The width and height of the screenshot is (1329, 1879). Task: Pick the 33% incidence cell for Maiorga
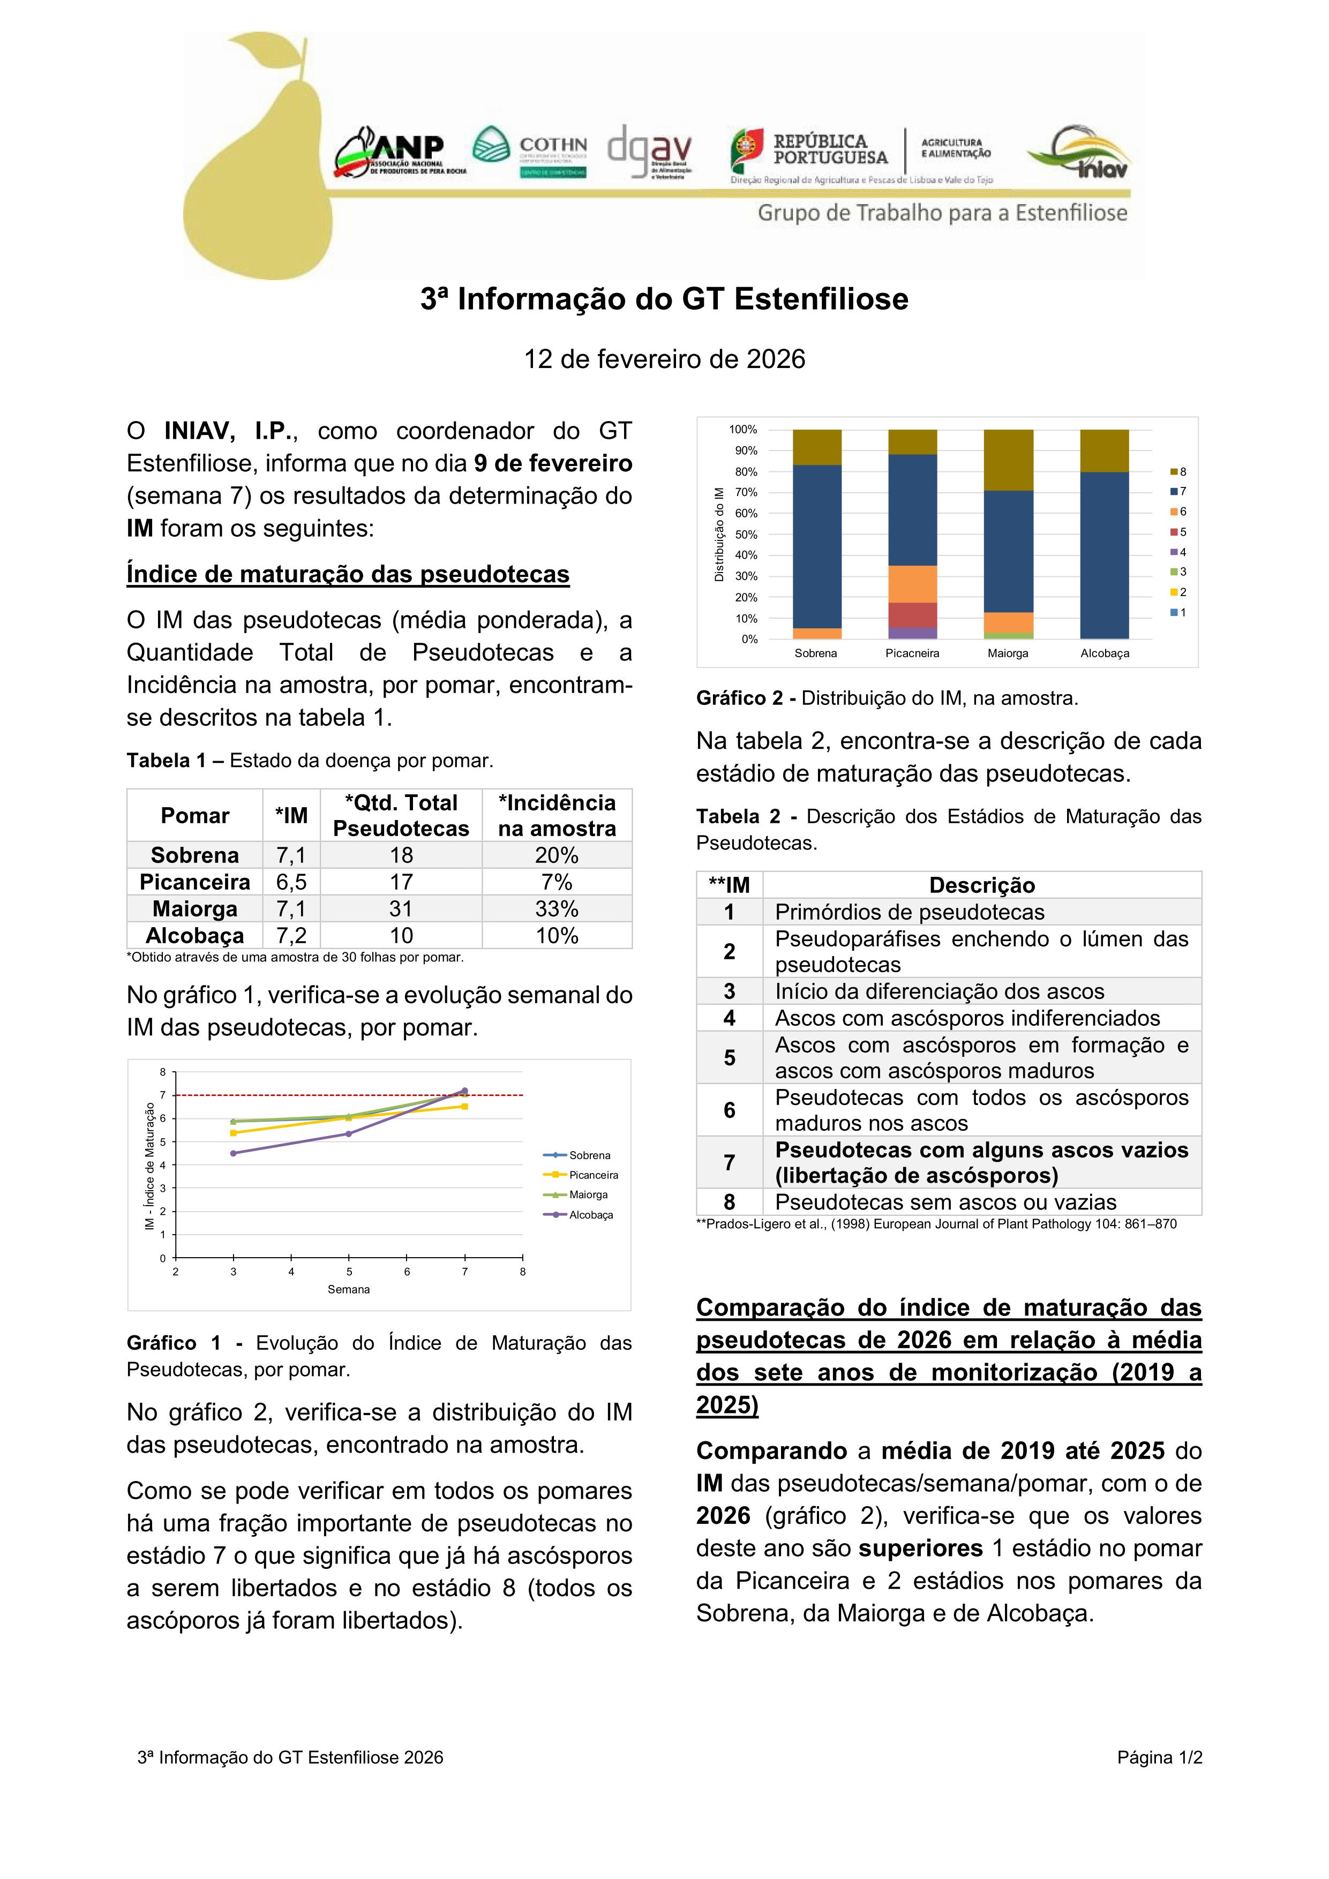557,908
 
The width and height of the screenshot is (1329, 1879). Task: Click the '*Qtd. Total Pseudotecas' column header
401,815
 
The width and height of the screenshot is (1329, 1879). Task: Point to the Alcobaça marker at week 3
233,1153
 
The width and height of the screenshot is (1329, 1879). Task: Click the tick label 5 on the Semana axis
349,1272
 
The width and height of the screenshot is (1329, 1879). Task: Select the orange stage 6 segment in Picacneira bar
912,584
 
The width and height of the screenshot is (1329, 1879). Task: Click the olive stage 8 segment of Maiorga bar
1008,460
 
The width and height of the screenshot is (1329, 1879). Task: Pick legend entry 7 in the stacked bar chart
1178,492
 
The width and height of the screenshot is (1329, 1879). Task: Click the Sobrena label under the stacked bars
816,653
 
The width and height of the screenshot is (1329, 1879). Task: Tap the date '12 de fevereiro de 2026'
664,359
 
